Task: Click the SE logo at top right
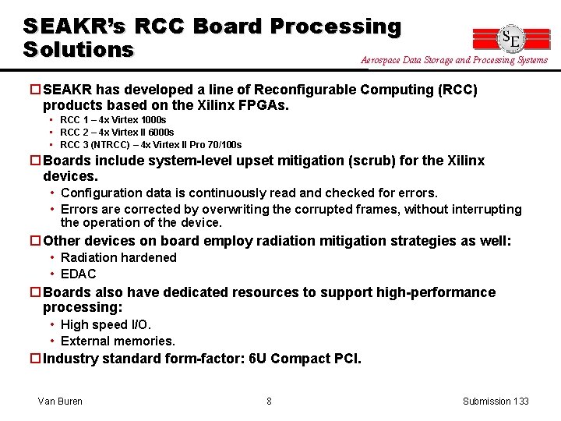(511, 38)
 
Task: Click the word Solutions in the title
(79, 49)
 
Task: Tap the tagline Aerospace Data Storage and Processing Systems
(454, 60)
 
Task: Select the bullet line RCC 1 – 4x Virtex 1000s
(113, 120)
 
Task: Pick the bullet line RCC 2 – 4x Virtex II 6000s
(117, 133)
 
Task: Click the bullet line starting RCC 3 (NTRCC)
(150, 145)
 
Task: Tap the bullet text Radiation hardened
(118, 257)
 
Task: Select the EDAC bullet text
(79, 274)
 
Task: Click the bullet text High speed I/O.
(106, 324)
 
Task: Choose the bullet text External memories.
(118, 341)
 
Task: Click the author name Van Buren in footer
(60, 401)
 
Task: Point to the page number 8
(269, 401)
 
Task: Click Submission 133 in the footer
(496, 401)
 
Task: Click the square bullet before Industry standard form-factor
(34, 359)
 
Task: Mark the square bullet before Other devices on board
(34, 241)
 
